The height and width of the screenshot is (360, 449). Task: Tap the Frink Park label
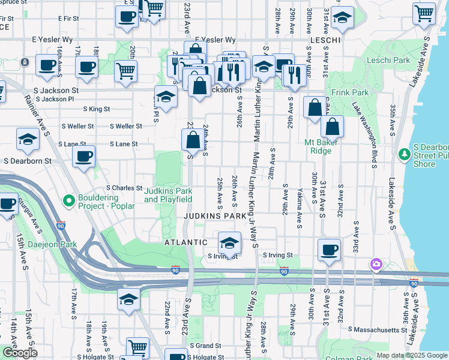[x=351, y=92]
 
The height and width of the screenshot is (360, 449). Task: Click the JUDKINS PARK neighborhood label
[x=215, y=215]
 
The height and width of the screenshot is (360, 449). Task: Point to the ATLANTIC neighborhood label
[x=187, y=242]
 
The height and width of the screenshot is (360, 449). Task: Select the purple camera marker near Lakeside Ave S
[x=376, y=263]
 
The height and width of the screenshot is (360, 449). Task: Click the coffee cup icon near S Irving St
[x=328, y=249]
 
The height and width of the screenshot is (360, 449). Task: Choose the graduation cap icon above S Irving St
[x=229, y=242]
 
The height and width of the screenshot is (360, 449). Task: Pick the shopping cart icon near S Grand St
[x=138, y=347]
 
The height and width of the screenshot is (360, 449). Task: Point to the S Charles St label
[x=124, y=188]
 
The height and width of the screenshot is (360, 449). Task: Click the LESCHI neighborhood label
[x=325, y=40]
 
